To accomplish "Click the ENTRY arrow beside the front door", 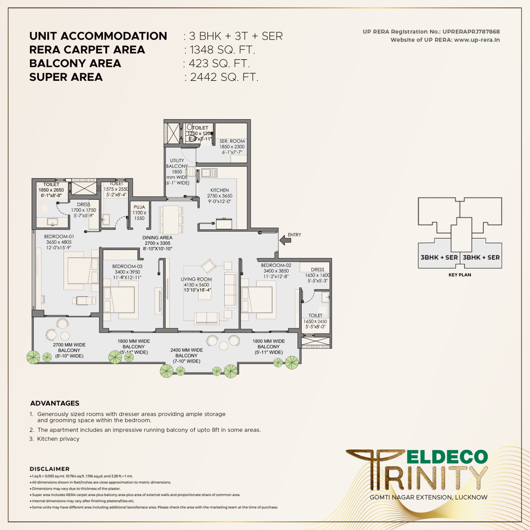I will point(285,240).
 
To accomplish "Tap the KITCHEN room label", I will point(219,190).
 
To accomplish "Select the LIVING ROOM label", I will point(196,279).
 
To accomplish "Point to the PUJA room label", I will point(139,207).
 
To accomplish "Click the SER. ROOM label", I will point(232,141).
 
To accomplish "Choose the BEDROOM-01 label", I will point(59,237).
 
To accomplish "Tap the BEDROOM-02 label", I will point(276,265).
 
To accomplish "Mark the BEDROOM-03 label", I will point(127,266).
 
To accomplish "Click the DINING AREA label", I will point(157,238).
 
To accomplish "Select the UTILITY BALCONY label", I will point(177,163).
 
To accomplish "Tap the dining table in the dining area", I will point(171,220).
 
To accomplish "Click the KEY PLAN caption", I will point(459,275).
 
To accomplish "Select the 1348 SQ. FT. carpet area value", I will point(222,50).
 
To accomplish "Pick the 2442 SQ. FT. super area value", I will point(224,78).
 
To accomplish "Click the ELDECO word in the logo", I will point(447,457).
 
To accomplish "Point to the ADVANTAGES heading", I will point(55,403).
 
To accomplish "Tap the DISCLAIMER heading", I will point(50,469).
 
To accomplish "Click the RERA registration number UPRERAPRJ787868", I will point(471,32).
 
